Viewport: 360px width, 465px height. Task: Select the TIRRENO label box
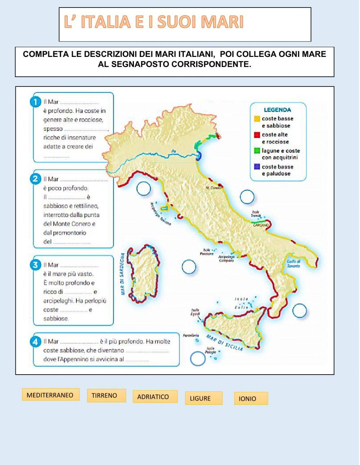pyautogui.click(x=106, y=395)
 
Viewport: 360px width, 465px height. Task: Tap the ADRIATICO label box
pyautogui.click(x=155, y=397)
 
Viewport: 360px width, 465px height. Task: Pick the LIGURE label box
pyautogui.click(x=203, y=398)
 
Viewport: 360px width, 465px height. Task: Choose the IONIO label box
pyautogui.click(x=251, y=398)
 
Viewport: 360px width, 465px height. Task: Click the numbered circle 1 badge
pyautogui.click(x=35, y=102)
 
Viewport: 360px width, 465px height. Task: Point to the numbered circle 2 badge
pyautogui.click(x=35, y=179)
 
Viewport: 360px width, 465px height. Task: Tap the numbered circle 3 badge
pyautogui.click(x=35, y=265)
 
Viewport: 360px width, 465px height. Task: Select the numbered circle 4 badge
pyautogui.click(x=35, y=341)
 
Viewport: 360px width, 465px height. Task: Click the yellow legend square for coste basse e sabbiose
pyautogui.click(x=257, y=119)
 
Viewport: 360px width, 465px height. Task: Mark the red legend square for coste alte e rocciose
pyautogui.click(x=257, y=135)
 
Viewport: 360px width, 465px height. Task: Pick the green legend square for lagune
pyautogui.click(x=257, y=151)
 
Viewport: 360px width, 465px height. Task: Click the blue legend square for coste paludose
pyautogui.click(x=257, y=167)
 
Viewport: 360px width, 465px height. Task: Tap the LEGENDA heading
pyautogui.click(x=277, y=110)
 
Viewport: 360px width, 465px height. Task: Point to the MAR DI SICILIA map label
pyautogui.click(x=224, y=342)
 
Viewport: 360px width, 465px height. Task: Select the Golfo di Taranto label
pyautogui.click(x=293, y=264)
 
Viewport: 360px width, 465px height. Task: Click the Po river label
pyautogui.click(x=175, y=151)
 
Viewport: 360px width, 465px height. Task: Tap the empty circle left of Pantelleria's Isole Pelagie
pyautogui.click(x=198, y=358)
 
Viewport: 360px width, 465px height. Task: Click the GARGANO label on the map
pyautogui.click(x=261, y=225)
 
